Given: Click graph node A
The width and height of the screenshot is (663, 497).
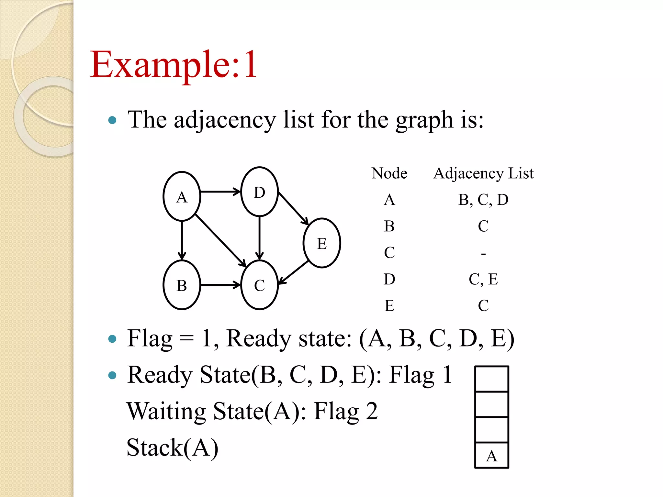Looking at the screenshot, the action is coord(182,196).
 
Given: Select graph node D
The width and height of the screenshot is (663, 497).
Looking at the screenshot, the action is coord(259,192).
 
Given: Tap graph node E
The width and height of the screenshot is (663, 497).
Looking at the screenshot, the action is coord(321,243).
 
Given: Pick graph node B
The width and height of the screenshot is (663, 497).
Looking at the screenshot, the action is coord(182,285).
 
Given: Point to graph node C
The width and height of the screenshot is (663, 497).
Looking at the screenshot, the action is coord(259,285).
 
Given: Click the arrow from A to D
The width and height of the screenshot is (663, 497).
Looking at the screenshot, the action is coord(220,192).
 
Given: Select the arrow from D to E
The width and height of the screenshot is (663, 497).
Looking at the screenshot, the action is coord(293,208).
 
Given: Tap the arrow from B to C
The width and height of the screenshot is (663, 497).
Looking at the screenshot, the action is coord(220,285).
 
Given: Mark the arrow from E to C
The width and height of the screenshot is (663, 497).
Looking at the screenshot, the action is coord(293,272).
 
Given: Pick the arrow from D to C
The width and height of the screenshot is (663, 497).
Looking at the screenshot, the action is coord(259,238).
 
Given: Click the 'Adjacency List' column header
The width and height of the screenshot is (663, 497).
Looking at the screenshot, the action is coord(483,173).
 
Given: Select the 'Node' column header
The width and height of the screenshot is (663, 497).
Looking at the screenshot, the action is coord(389,173).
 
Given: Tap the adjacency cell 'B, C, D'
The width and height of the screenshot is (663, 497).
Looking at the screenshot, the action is coord(483,200).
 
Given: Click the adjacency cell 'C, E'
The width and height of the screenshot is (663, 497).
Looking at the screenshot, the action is coord(483,279).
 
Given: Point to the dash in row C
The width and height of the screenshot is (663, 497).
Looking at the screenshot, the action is coord(483,254).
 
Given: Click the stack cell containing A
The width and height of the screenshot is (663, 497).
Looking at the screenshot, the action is coord(491,455).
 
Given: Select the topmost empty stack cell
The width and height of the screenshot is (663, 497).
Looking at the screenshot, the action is coord(491,379).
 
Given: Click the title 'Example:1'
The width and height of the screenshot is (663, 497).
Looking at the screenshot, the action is coord(174,64).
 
